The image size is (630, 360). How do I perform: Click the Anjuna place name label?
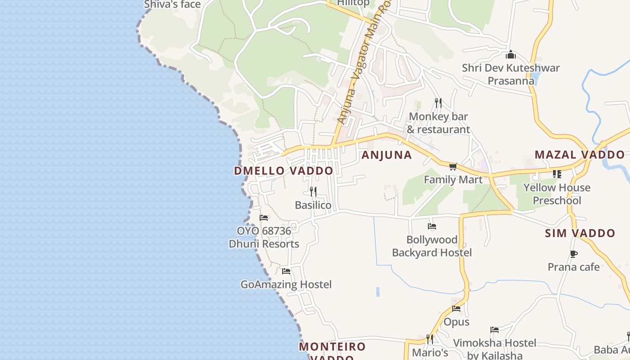(387, 155)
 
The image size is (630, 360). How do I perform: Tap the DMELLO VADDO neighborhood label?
(283, 171)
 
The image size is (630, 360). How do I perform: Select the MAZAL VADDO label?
(580, 155)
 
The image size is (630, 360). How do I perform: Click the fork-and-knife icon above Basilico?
(313, 192)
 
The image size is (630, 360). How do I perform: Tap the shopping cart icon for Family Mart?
(453, 167)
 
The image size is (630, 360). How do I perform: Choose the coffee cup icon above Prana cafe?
(574, 254)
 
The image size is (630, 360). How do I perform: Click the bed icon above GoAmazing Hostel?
(286, 271)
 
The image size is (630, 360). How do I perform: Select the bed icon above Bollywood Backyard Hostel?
(432, 226)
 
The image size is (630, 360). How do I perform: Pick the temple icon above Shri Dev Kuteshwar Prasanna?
(511, 55)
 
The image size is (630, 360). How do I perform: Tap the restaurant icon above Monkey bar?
(438, 103)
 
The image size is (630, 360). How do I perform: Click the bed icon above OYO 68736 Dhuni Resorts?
(264, 218)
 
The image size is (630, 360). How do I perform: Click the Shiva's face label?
(172, 4)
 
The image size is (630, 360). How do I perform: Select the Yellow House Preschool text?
(557, 194)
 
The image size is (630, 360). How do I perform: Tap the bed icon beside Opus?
(456, 309)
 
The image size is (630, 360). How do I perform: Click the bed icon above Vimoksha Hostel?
(495, 330)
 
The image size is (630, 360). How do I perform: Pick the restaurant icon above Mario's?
(430, 339)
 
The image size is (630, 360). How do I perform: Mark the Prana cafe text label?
(573, 267)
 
